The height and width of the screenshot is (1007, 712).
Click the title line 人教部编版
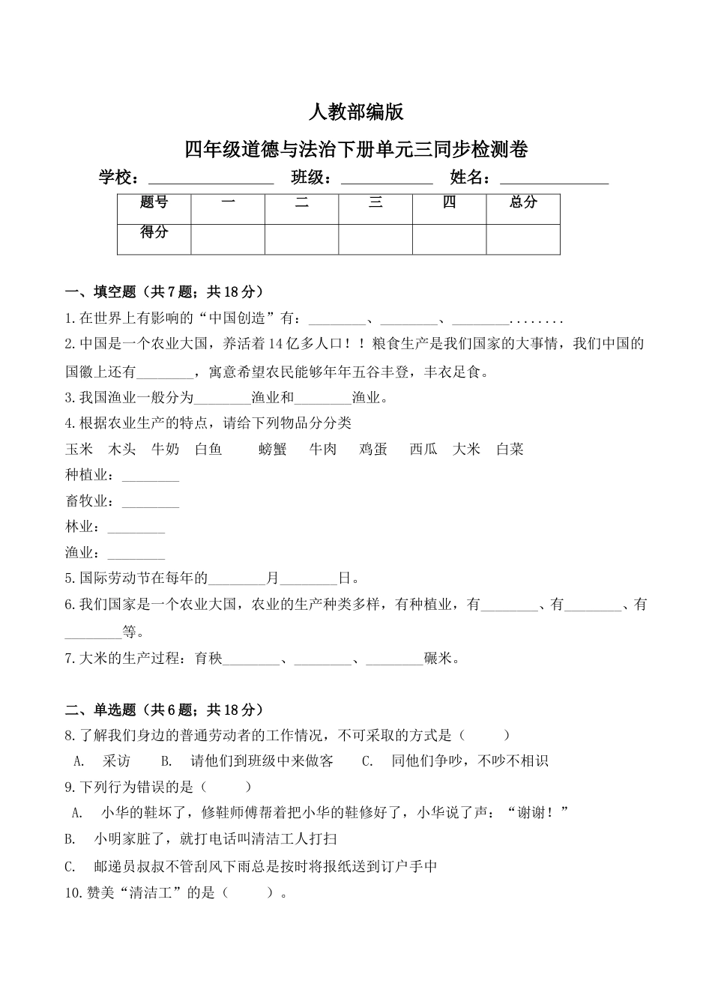[x=356, y=112]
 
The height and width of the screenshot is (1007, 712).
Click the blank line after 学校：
[x=211, y=180]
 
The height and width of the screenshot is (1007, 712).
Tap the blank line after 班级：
[x=387, y=180]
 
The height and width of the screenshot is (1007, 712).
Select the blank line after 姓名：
[x=554, y=180]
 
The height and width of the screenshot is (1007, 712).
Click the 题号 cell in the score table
[x=154, y=202]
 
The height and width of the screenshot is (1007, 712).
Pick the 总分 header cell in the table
[x=523, y=202]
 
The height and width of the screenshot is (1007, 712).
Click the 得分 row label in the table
[x=154, y=232]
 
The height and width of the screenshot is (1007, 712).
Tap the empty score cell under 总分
[x=523, y=239]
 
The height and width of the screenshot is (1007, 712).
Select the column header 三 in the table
[x=375, y=202]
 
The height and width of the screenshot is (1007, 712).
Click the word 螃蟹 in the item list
[x=273, y=450]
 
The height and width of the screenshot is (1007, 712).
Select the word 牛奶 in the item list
[x=165, y=450]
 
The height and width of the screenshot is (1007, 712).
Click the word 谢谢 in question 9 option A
[x=534, y=813]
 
